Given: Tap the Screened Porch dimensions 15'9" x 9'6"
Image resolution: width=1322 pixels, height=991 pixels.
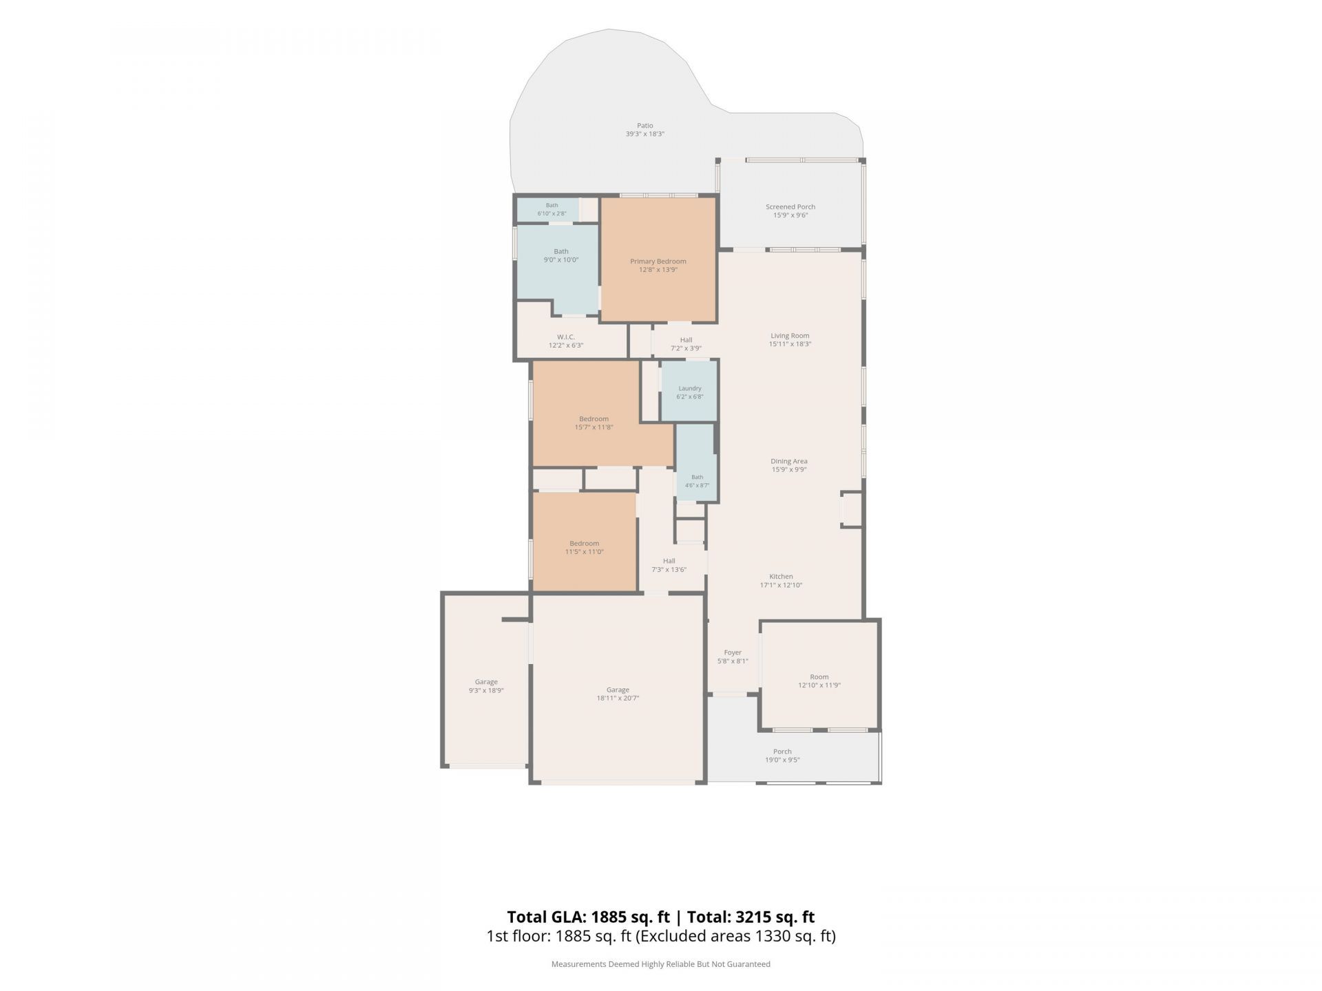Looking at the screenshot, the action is point(790,215).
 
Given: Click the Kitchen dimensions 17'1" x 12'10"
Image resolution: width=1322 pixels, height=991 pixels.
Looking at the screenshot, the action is point(781,585).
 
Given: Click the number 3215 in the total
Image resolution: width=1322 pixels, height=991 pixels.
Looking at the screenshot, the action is point(755,917).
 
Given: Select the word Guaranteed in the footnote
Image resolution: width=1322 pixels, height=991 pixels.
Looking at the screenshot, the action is point(748,964).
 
